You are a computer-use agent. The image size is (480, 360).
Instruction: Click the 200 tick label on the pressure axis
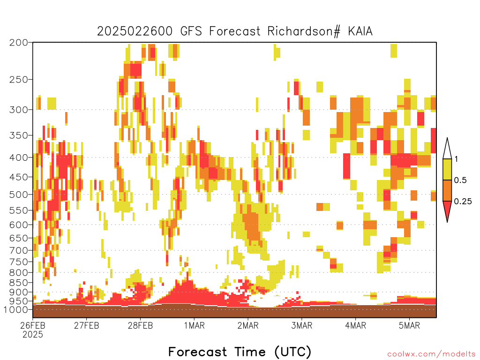(19, 43)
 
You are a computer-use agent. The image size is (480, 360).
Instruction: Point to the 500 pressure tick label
(19, 195)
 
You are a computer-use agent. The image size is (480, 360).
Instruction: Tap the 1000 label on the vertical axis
(16, 309)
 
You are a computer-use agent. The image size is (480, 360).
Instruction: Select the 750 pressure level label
(19, 262)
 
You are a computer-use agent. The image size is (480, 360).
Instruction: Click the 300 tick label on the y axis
(19, 110)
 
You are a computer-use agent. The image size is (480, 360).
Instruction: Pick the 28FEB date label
(140, 325)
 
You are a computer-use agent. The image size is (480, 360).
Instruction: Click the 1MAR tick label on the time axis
(195, 325)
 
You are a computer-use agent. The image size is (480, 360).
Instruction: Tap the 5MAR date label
(409, 325)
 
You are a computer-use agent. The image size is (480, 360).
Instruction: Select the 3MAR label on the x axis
(302, 325)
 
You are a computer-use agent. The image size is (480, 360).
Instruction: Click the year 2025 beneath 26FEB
(33, 334)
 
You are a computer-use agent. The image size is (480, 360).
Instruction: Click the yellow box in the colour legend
(447, 169)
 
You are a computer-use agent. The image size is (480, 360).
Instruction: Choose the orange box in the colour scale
(447, 190)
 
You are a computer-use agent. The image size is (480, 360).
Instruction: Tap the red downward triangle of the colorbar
(447, 210)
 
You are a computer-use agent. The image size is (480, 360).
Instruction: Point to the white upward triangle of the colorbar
(447, 150)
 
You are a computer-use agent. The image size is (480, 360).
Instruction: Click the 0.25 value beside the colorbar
(463, 202)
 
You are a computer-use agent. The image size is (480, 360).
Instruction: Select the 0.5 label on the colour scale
(460, 180)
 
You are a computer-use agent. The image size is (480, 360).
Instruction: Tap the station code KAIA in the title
(360, 31)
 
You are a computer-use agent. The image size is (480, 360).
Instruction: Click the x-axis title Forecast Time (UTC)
(240, 352)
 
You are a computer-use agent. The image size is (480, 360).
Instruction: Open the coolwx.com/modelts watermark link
(431, 354)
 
